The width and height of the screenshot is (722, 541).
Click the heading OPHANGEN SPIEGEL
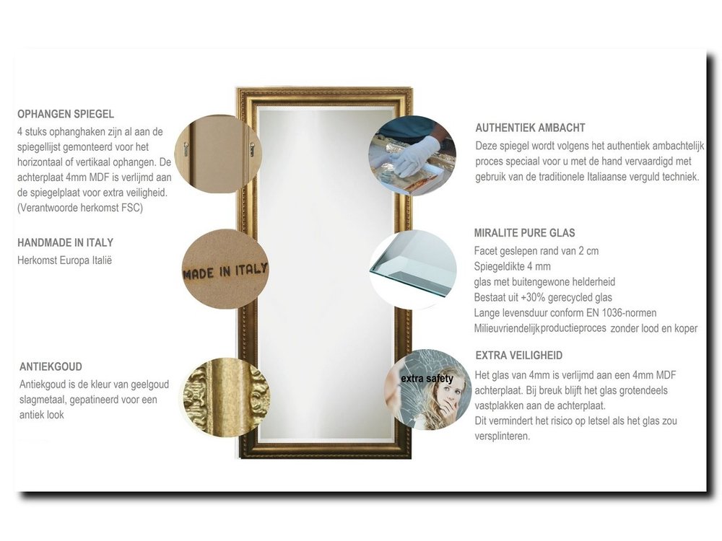tap(66, 114)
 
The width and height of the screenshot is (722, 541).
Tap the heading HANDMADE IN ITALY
tap(65, 242)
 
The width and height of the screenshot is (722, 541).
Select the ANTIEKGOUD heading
tap(51, 366)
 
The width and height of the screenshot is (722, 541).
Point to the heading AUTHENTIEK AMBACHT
tap(530, 128)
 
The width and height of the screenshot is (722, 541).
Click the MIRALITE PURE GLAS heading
tap(524, 233)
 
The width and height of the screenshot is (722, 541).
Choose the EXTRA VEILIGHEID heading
tap(519, 356)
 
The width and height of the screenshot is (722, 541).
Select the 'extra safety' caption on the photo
tap(427, 379)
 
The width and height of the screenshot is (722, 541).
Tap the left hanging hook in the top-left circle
tap(186, 148)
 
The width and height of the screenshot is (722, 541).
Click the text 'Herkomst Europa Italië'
tap(64, 260)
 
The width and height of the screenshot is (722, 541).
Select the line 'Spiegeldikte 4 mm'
tap(512, 266)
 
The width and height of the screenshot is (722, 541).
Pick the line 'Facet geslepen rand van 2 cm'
tap(536, 251)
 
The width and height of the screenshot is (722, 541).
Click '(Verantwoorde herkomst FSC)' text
tap(80, 208)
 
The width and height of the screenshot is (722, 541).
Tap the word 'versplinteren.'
tap(503, 436)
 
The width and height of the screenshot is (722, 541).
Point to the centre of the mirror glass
tap(325, 274)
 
